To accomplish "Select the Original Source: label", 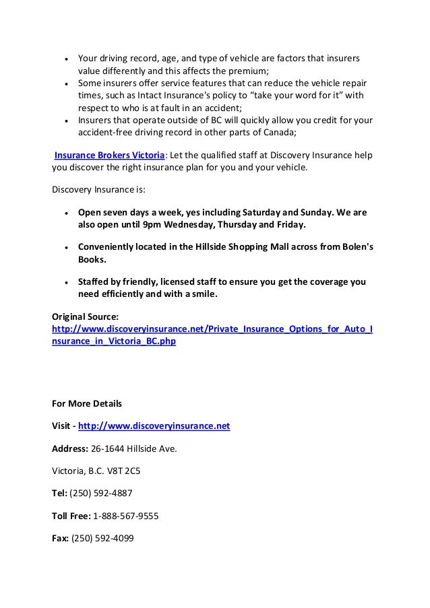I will (x=86, y=316).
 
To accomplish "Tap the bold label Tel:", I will (x=60, y=492).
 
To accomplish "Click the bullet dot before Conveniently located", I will (x=66, y=246).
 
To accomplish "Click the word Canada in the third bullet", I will (x=285, y=133).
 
